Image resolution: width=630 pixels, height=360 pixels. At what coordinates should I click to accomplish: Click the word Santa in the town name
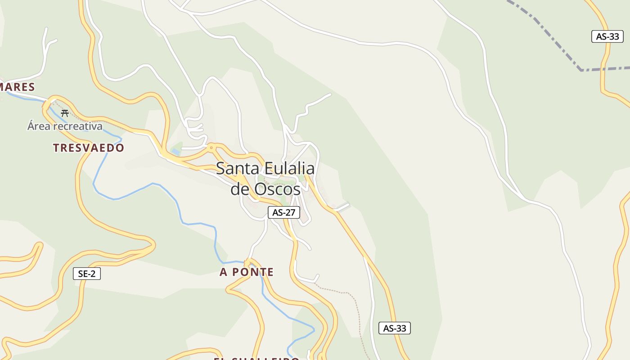click(x=237, y=169)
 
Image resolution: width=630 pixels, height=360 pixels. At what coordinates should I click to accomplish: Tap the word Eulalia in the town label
click(x=289, y=169)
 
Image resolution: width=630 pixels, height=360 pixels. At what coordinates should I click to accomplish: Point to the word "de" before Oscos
click(x=240, y=189)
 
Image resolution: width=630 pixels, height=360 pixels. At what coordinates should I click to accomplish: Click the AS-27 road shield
click(x=284, y=212)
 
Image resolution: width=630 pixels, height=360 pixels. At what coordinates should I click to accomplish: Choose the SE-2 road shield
click(x=87, y=273)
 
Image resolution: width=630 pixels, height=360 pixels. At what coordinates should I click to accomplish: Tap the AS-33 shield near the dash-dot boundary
click(x=607, y=36)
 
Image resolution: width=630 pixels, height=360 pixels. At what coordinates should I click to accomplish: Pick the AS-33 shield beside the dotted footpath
click(x=395, y=328)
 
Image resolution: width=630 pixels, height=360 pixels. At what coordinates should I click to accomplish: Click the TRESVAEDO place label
click(x=89, y=148)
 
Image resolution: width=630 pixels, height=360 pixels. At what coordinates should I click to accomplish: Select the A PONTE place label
click(x=247, y=272)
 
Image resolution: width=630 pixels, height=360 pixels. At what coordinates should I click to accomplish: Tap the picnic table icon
click(x=65, y=113)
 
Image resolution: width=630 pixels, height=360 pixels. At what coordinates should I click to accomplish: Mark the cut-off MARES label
click(x=17, y=87)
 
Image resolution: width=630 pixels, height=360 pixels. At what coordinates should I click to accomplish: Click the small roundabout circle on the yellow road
click(x=211, y=147)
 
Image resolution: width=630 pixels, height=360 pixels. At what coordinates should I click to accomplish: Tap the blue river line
click(x=135, y=191)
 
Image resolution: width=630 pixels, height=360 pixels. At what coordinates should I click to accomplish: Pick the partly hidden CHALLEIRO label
click(x=256, y=359)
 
